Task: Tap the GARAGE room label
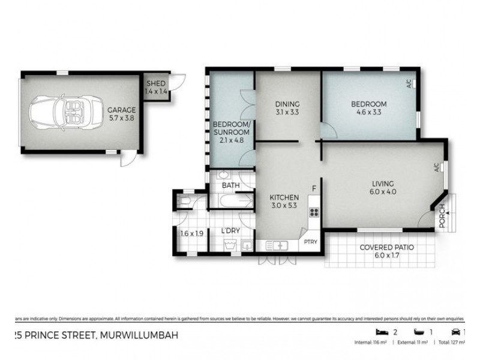coord(121,110)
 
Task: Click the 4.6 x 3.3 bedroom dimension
coord(368,112)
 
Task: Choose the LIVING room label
coord(383,184)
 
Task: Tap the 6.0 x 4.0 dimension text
coord(383,192)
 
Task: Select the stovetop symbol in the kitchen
coord(313,212)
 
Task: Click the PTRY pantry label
coord(310,242)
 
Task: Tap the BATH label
coord(230,186)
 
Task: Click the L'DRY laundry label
coord(230,231)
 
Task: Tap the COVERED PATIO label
coord(386,248)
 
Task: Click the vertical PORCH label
coord(442,217)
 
